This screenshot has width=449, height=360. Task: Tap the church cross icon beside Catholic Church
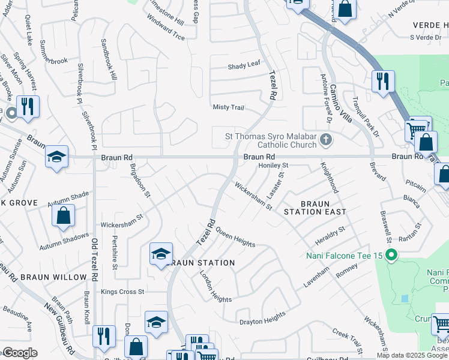click(326, 140)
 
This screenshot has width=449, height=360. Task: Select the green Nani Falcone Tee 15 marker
click(391, 256)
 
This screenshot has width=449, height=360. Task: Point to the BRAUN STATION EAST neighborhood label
click(315, 208)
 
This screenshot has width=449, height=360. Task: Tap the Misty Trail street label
click(229, 107)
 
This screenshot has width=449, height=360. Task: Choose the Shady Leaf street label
click(243, 67)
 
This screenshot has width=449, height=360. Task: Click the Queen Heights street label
click(235, 238)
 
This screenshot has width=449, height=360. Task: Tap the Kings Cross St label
click(123, 292)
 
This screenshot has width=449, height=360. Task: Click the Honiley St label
click(274, 165)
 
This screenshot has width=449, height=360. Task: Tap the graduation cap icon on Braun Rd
click(57, 157)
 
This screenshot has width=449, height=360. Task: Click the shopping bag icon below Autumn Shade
click(63, 215)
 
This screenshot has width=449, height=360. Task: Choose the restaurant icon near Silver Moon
click(28, 106)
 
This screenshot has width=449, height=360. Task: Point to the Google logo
click(20, 353)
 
